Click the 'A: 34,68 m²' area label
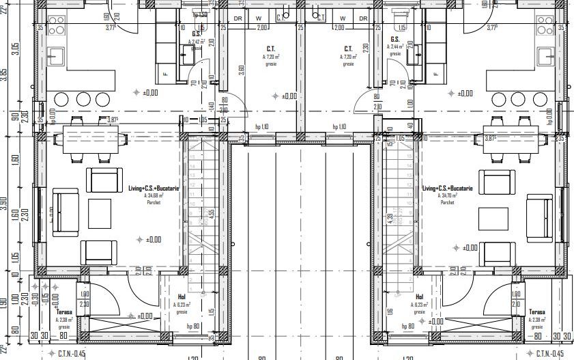pos(153,195)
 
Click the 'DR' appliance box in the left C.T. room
pos(238,18)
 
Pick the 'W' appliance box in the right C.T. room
pos(343,18)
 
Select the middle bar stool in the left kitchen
pos(83,99)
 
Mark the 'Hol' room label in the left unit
pos(182,297)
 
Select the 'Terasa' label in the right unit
pos(537,311)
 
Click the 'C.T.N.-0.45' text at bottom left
pos(66,353)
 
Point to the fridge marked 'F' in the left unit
pos(164,74)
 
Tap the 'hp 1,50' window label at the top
pos(200,14)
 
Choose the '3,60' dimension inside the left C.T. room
pos(242,70)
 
